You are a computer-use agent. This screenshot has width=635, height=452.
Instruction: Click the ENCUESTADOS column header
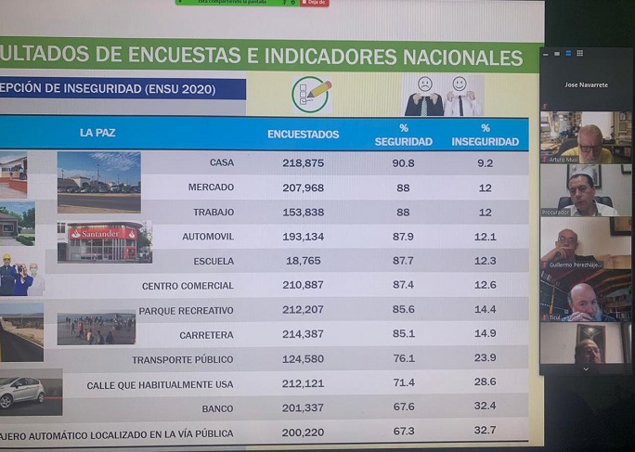(x=303, y=135)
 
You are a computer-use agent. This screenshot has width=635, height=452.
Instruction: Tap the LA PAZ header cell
(x=98, y=133)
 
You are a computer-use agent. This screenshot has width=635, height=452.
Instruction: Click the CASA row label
(x=221, y=163)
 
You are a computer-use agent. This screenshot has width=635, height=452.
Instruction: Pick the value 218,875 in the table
(x=303, y=163)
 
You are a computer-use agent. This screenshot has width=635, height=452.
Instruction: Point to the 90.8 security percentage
(x=403, y=163)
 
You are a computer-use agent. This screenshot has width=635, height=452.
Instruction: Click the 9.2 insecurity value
(x=485, y=163)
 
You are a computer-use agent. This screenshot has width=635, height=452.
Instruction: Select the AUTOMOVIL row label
(x=208, y=237)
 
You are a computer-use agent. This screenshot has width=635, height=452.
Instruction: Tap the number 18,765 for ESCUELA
(x=303, y=262)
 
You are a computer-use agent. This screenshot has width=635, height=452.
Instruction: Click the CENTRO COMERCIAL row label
(x=188, y=286)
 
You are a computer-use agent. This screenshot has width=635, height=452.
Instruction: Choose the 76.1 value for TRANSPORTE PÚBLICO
(x=403, y=359)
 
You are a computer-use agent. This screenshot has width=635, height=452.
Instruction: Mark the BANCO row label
(x=217, y=408)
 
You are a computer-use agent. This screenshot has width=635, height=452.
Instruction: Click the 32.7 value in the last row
(x=485, y=431)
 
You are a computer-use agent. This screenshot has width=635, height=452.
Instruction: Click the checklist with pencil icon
(x=311, y=94)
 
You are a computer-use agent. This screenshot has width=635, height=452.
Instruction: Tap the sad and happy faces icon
(x=442, y=95)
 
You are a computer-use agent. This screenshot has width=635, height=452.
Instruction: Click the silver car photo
(x=22, y=391)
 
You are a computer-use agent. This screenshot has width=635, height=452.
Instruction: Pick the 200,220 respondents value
(x=303, y=433)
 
